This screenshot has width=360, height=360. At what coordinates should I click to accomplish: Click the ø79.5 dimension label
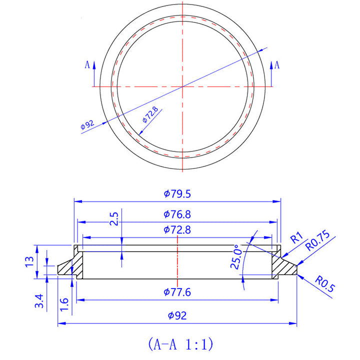click(177, 193)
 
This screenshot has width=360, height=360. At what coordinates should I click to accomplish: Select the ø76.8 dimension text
click(177, 214)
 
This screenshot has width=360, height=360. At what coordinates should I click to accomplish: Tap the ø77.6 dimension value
click(177, 292)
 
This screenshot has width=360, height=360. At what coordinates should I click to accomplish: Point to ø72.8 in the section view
click(177, 230)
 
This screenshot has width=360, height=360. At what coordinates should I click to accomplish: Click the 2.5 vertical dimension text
click(114, 219)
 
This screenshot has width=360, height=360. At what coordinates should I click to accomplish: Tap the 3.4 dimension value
click(41, 301)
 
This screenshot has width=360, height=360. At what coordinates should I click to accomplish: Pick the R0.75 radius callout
click(318, 240)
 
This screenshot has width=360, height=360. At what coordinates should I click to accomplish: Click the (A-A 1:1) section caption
click(180, 344)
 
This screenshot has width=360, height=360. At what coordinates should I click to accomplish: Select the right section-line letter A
click(277, 64)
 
